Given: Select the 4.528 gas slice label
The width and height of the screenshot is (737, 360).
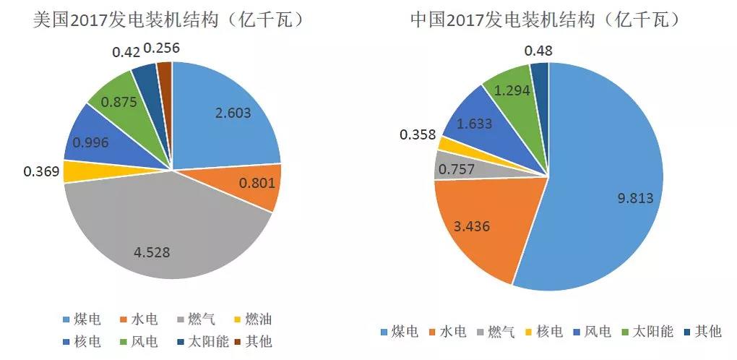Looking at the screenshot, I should point(152,252).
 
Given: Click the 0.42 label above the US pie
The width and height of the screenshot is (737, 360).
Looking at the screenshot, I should point(126,52).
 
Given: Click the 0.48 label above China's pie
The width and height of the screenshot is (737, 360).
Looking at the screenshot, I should point(539,50).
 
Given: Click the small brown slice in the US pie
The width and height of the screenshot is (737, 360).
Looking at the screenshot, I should point(165,72).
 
